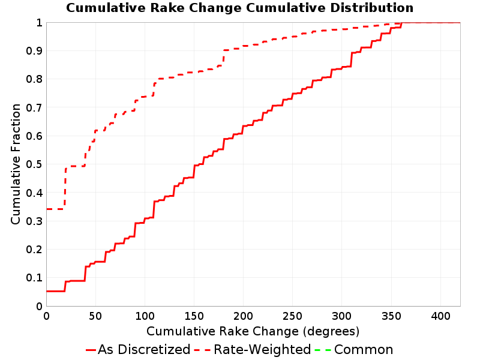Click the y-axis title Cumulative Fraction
tap(16, 164)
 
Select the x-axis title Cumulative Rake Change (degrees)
tap(253, 331)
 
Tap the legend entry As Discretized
tap(144, 349)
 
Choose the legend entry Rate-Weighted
tap(262, 349)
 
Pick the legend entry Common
tap(364, 349)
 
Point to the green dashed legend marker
tap(323, 350)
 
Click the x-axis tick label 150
tap(194, 316)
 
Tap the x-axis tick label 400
tap(440, 316)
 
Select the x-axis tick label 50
tap(95, 316)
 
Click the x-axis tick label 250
tap(293, 316)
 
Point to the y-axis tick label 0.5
tap(34, 164)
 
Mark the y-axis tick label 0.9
tap(34, 51)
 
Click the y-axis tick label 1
tap(40, 23)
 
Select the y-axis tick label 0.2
tap(34, 250)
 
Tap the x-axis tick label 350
tap(391, 316)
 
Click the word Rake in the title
tap(168, 8)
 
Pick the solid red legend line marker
tap(91, 350)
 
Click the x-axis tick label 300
tap(342, 316)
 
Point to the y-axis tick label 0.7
tap(34, 107)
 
